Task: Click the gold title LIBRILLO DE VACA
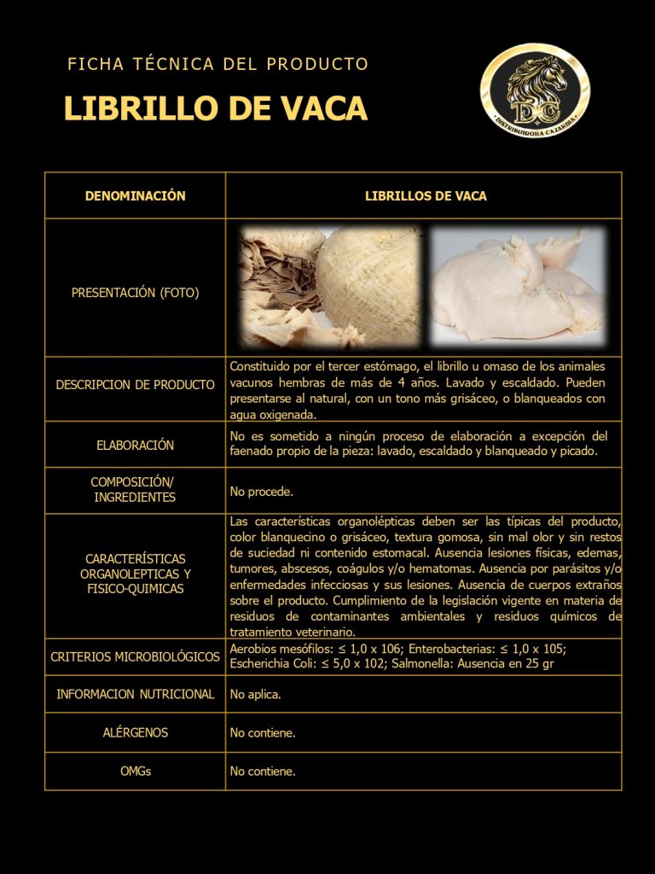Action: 215,109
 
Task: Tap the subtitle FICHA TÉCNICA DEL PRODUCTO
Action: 217,64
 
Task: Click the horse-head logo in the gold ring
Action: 535,91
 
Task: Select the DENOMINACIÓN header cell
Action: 135,196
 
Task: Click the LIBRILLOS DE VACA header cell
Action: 426,196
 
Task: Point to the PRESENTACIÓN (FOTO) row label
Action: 135,293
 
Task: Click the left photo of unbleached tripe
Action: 330,286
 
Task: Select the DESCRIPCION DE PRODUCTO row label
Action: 135,385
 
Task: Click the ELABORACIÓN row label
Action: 135,445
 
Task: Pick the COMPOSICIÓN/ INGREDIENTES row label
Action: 135,490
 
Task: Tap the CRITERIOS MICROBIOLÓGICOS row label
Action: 135,657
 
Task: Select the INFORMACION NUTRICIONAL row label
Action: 135,694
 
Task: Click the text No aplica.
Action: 255,695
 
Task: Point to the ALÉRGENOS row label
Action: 135,732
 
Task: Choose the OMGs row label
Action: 135,771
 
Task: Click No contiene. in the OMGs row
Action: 263,772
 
